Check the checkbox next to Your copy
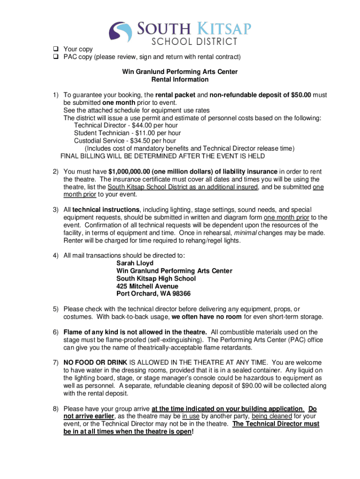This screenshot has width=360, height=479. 55,49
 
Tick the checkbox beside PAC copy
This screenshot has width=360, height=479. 55,57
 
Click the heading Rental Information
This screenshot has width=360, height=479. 180,80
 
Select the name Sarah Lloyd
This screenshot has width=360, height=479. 135,263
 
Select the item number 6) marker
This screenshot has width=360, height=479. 55,332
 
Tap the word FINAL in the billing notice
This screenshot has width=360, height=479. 71,156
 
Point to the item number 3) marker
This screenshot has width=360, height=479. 55,210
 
